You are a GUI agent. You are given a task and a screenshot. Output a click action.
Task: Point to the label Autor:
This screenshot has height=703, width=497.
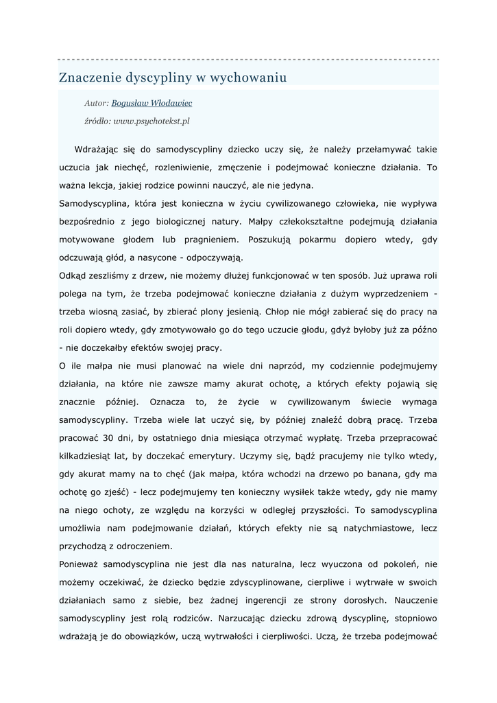(97, 103)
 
